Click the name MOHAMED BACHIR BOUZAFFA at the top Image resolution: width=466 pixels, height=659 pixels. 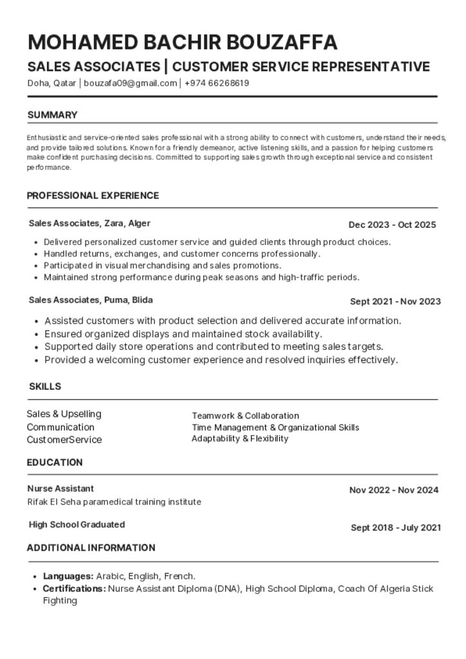tap(183, 42)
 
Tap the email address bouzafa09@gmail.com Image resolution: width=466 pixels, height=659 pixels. tap(130, 83)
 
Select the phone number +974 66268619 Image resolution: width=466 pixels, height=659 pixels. tap(217, 83)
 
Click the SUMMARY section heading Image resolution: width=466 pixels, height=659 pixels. tap(52, 115)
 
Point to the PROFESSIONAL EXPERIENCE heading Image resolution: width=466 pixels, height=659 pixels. tap(93, 196)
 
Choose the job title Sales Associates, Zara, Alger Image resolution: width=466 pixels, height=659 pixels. tap(89, 223)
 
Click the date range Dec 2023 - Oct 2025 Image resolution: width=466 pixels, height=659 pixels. tap(392, 225)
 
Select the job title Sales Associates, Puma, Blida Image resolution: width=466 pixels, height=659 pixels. tap(91, 300)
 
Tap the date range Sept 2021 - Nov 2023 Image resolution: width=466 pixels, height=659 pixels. tap(395, 301)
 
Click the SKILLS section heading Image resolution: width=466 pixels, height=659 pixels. tap(45, 387)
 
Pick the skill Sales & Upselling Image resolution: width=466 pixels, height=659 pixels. tap(64, 414)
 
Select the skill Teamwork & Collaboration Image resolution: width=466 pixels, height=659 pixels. tap(245, 416)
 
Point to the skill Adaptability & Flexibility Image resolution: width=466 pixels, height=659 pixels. tap(240, 438)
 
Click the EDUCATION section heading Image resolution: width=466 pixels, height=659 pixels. tap(55, 462)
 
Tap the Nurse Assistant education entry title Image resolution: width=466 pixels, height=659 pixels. tap(60, 488)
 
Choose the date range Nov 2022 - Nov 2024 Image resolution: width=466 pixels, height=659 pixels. tap(393, 490)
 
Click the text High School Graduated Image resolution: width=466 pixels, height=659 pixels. tap(76, 524)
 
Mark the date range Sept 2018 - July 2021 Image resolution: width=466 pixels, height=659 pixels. tap(395, 528)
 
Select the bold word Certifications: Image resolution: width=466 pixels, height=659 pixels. tap(74, 588)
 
